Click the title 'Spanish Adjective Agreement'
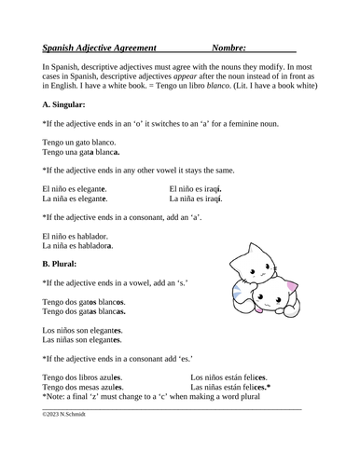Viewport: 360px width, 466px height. (100, 46)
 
